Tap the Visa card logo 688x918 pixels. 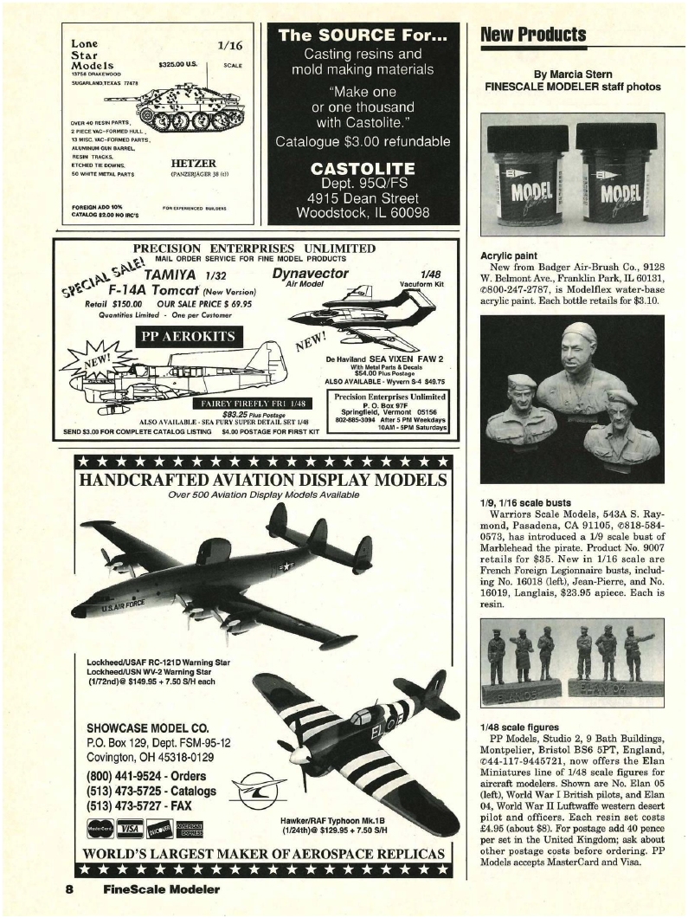click(132, 830)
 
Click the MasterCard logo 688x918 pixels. click(102, 830)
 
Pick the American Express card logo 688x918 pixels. click(189, 830)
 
